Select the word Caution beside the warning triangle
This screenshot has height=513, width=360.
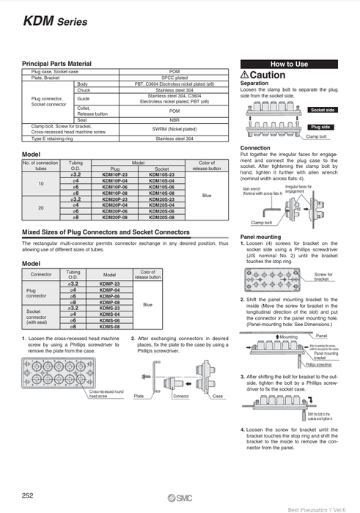click(273, 75)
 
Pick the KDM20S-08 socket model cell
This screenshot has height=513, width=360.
click(161, 218)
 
